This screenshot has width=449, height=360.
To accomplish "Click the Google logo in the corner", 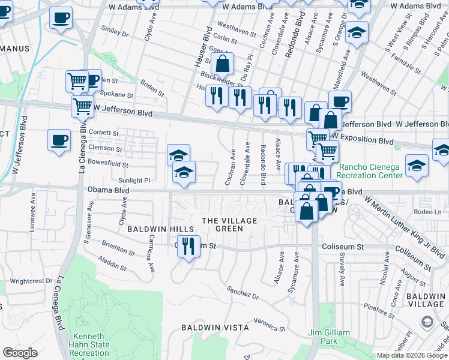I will pyautogui.click(x=20, y=353).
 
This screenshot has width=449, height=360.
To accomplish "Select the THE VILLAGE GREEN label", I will pyautogui.click(x=229, y=224).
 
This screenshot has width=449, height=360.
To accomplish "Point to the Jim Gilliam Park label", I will pyautogui.click(x=321, y=337).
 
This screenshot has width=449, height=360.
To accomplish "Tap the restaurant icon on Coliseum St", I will pyautogui.click(x=188, y=245).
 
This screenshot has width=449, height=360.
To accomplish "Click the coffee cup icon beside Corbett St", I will pyautogui.click(x=59, y=140).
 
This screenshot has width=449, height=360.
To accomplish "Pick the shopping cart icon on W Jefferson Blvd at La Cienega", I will pyautogui.click(x=82, y=107).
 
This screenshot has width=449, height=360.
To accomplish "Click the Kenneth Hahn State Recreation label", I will pyautogui.click(x=90, y=344).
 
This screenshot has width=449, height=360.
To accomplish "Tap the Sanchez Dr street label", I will pyautogui.click(x=243, y=292).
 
